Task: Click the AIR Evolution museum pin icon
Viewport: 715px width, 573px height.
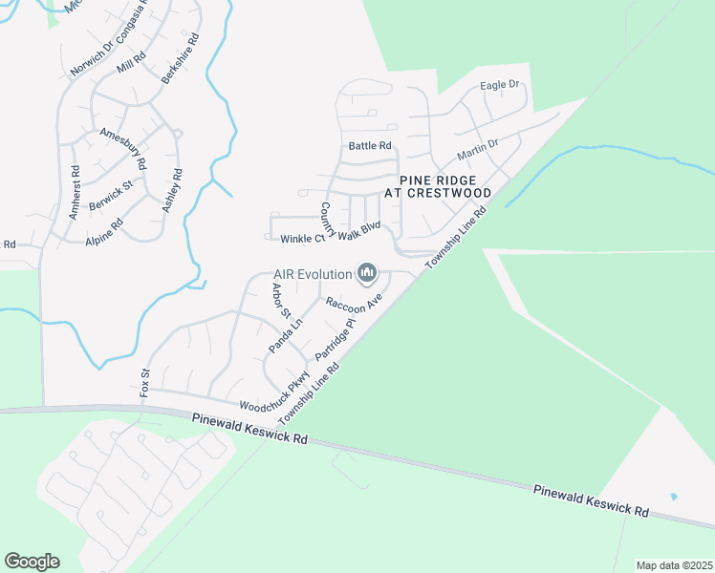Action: (x=366, y=275)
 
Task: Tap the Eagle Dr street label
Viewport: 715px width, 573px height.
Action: (x=499, y=85)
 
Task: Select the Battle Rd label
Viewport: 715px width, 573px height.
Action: (x=370, y=146)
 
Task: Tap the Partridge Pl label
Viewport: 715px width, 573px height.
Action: (x=336, y=340)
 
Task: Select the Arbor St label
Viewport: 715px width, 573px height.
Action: (x=280, y=301)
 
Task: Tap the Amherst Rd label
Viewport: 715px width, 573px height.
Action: (x=75, y=191)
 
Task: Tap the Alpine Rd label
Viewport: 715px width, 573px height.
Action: (x=104, y=234)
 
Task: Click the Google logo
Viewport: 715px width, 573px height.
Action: (x=32, y=562)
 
